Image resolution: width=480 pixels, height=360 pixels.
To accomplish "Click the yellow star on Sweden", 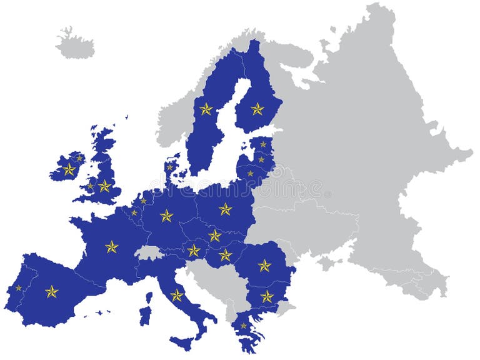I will (206, 109).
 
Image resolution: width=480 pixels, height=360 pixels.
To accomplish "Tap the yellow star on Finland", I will (257, 109).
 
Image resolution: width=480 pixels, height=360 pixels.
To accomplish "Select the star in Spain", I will (51, 291).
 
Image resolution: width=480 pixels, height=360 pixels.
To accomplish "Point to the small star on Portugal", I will (18, 287).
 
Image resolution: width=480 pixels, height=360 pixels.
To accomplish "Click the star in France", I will (111, 247).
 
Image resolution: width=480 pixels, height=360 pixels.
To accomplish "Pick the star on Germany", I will (166, 216).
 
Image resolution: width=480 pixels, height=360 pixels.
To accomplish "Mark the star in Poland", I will (225, 209).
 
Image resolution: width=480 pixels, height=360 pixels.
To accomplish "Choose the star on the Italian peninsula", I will (177, 295).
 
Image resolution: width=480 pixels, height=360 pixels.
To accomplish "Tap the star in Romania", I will (264, 266).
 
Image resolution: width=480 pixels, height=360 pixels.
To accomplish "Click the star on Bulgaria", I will (267, 296).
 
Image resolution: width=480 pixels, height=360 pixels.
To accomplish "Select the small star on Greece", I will (244, 326).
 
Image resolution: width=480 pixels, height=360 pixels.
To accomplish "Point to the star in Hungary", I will (225, 255).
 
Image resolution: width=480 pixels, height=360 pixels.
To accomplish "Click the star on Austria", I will (194, 251).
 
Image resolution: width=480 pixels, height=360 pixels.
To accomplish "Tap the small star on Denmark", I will (169, 167).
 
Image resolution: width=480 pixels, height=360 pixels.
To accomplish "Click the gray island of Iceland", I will (75, 44).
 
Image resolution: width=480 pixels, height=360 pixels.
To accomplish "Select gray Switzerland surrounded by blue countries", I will (149, 252).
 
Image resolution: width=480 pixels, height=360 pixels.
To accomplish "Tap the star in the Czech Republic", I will (215, 235).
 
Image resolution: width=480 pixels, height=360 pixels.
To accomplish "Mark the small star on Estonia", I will (263, 144).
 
